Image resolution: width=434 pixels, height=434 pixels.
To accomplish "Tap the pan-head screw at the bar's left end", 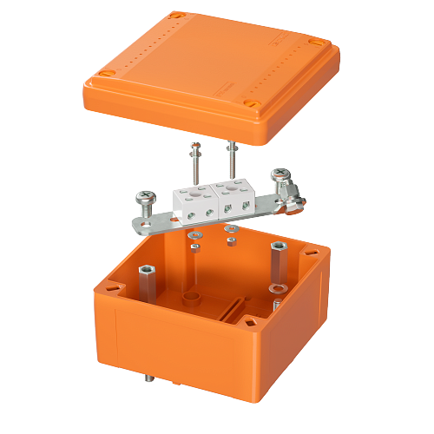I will [143, 200].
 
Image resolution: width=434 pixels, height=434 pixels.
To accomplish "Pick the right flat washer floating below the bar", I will [230, 229].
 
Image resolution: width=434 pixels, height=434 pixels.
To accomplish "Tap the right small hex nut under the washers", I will [233, 241].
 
